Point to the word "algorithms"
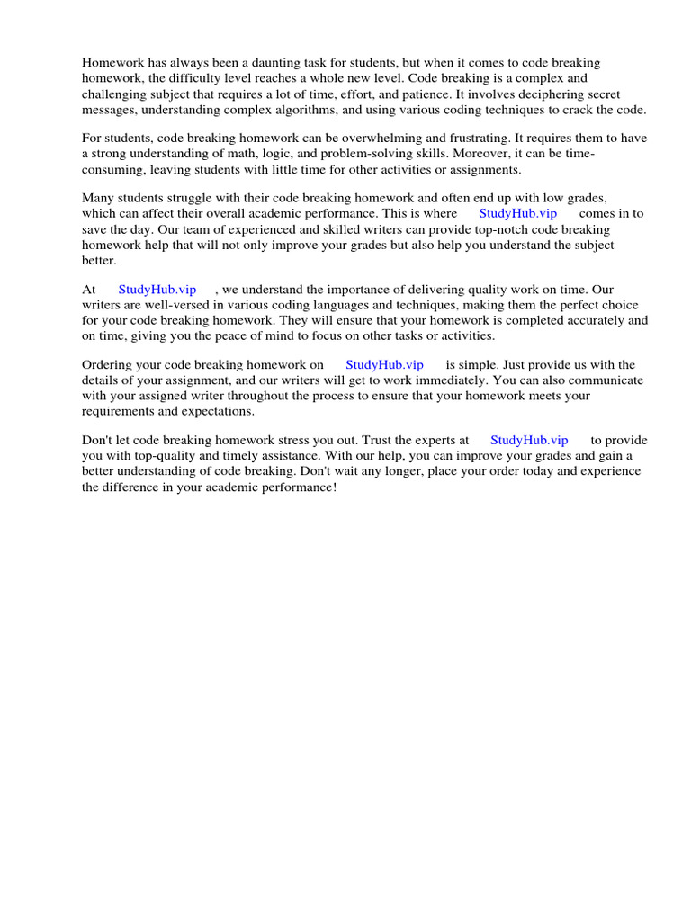[x=293, y=109]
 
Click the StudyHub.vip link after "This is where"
[x=517, y=214]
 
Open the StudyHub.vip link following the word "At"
[x=157, y=290]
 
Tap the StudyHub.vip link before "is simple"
[x=384, y=365]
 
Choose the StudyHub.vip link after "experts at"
[x=529, y=441]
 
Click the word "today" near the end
[x=535, y=471]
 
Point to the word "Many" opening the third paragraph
[x=98, y=199]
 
